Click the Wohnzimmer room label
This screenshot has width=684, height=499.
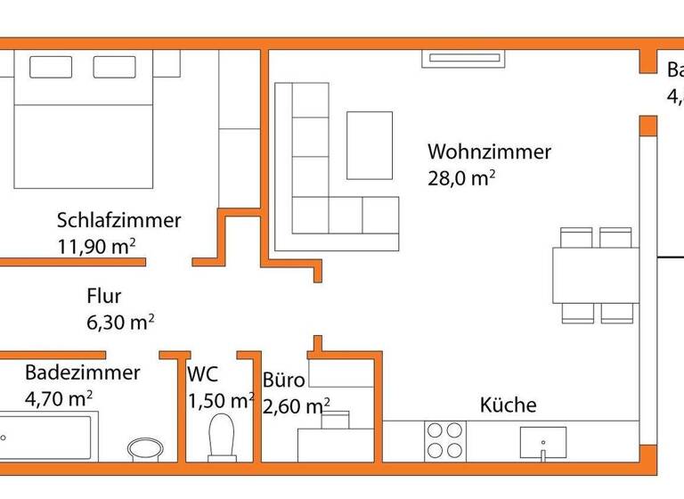[489, 151]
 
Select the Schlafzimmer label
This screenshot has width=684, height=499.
[118, 220]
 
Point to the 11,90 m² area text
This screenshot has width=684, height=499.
[96, 247]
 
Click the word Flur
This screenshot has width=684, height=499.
[103, 297]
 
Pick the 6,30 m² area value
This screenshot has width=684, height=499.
[120, 323]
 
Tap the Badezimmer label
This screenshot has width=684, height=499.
[82, 372]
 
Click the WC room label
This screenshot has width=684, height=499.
[202, 375]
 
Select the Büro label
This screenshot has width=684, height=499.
[284, 380]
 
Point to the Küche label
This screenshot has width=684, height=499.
[509, 405]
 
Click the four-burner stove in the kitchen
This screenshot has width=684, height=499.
[444, 439]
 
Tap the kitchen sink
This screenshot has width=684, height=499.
[542, 440]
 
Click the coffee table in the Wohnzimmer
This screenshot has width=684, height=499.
[370, 144]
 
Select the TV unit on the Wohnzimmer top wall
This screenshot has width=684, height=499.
[467, 59]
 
